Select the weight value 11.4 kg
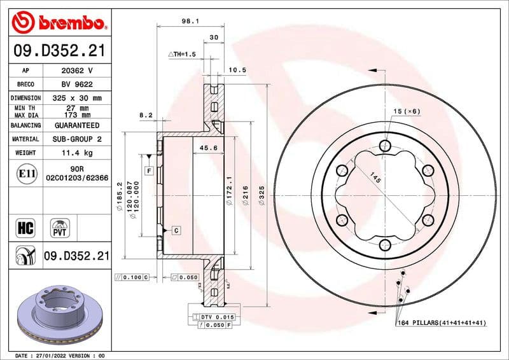point(76,153)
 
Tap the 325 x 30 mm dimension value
point(76,98)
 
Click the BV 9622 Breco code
point(76,84)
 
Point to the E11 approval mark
point(26,172)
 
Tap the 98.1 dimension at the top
point(190,21)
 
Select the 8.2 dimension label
point(146,115)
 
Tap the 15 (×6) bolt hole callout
point(407,111)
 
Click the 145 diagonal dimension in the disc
point(375,181)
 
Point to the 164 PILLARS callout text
point(441,323)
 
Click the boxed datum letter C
point(175,230)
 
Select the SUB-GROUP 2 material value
point(76,139)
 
